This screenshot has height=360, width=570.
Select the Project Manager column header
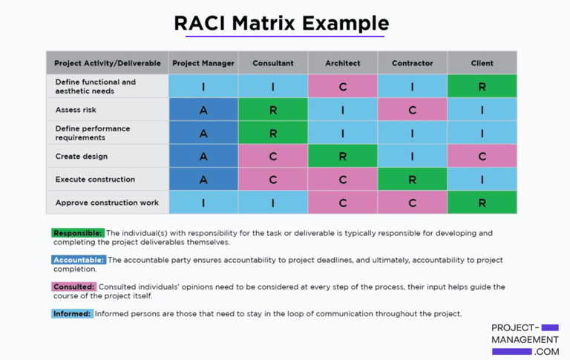coord(203,63)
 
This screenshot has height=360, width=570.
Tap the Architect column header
coord(342,63)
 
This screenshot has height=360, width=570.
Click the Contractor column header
coord(412,63)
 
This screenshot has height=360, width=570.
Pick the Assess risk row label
coord(76,110)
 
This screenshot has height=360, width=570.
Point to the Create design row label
coord(82,157)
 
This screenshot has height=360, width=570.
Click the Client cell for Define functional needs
coord(482,87)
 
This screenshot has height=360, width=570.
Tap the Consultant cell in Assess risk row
coord(272,110)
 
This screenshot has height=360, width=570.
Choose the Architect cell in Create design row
coord(342,157)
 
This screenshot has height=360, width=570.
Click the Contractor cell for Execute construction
coord(412,180)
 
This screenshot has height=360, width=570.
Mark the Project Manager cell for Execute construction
coord(203,180)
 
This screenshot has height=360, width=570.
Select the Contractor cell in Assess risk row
coord(412,110)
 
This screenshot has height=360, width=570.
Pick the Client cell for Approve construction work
coord(482,203)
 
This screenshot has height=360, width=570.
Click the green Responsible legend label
coord(78,233)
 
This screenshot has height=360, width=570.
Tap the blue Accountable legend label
coord(79,261)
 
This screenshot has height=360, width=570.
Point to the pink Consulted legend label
coord(74,287)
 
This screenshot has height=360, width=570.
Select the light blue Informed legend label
coord(73,314)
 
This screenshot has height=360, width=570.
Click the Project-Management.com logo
coord(525,339)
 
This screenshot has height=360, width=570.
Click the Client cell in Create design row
coord(482,157)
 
